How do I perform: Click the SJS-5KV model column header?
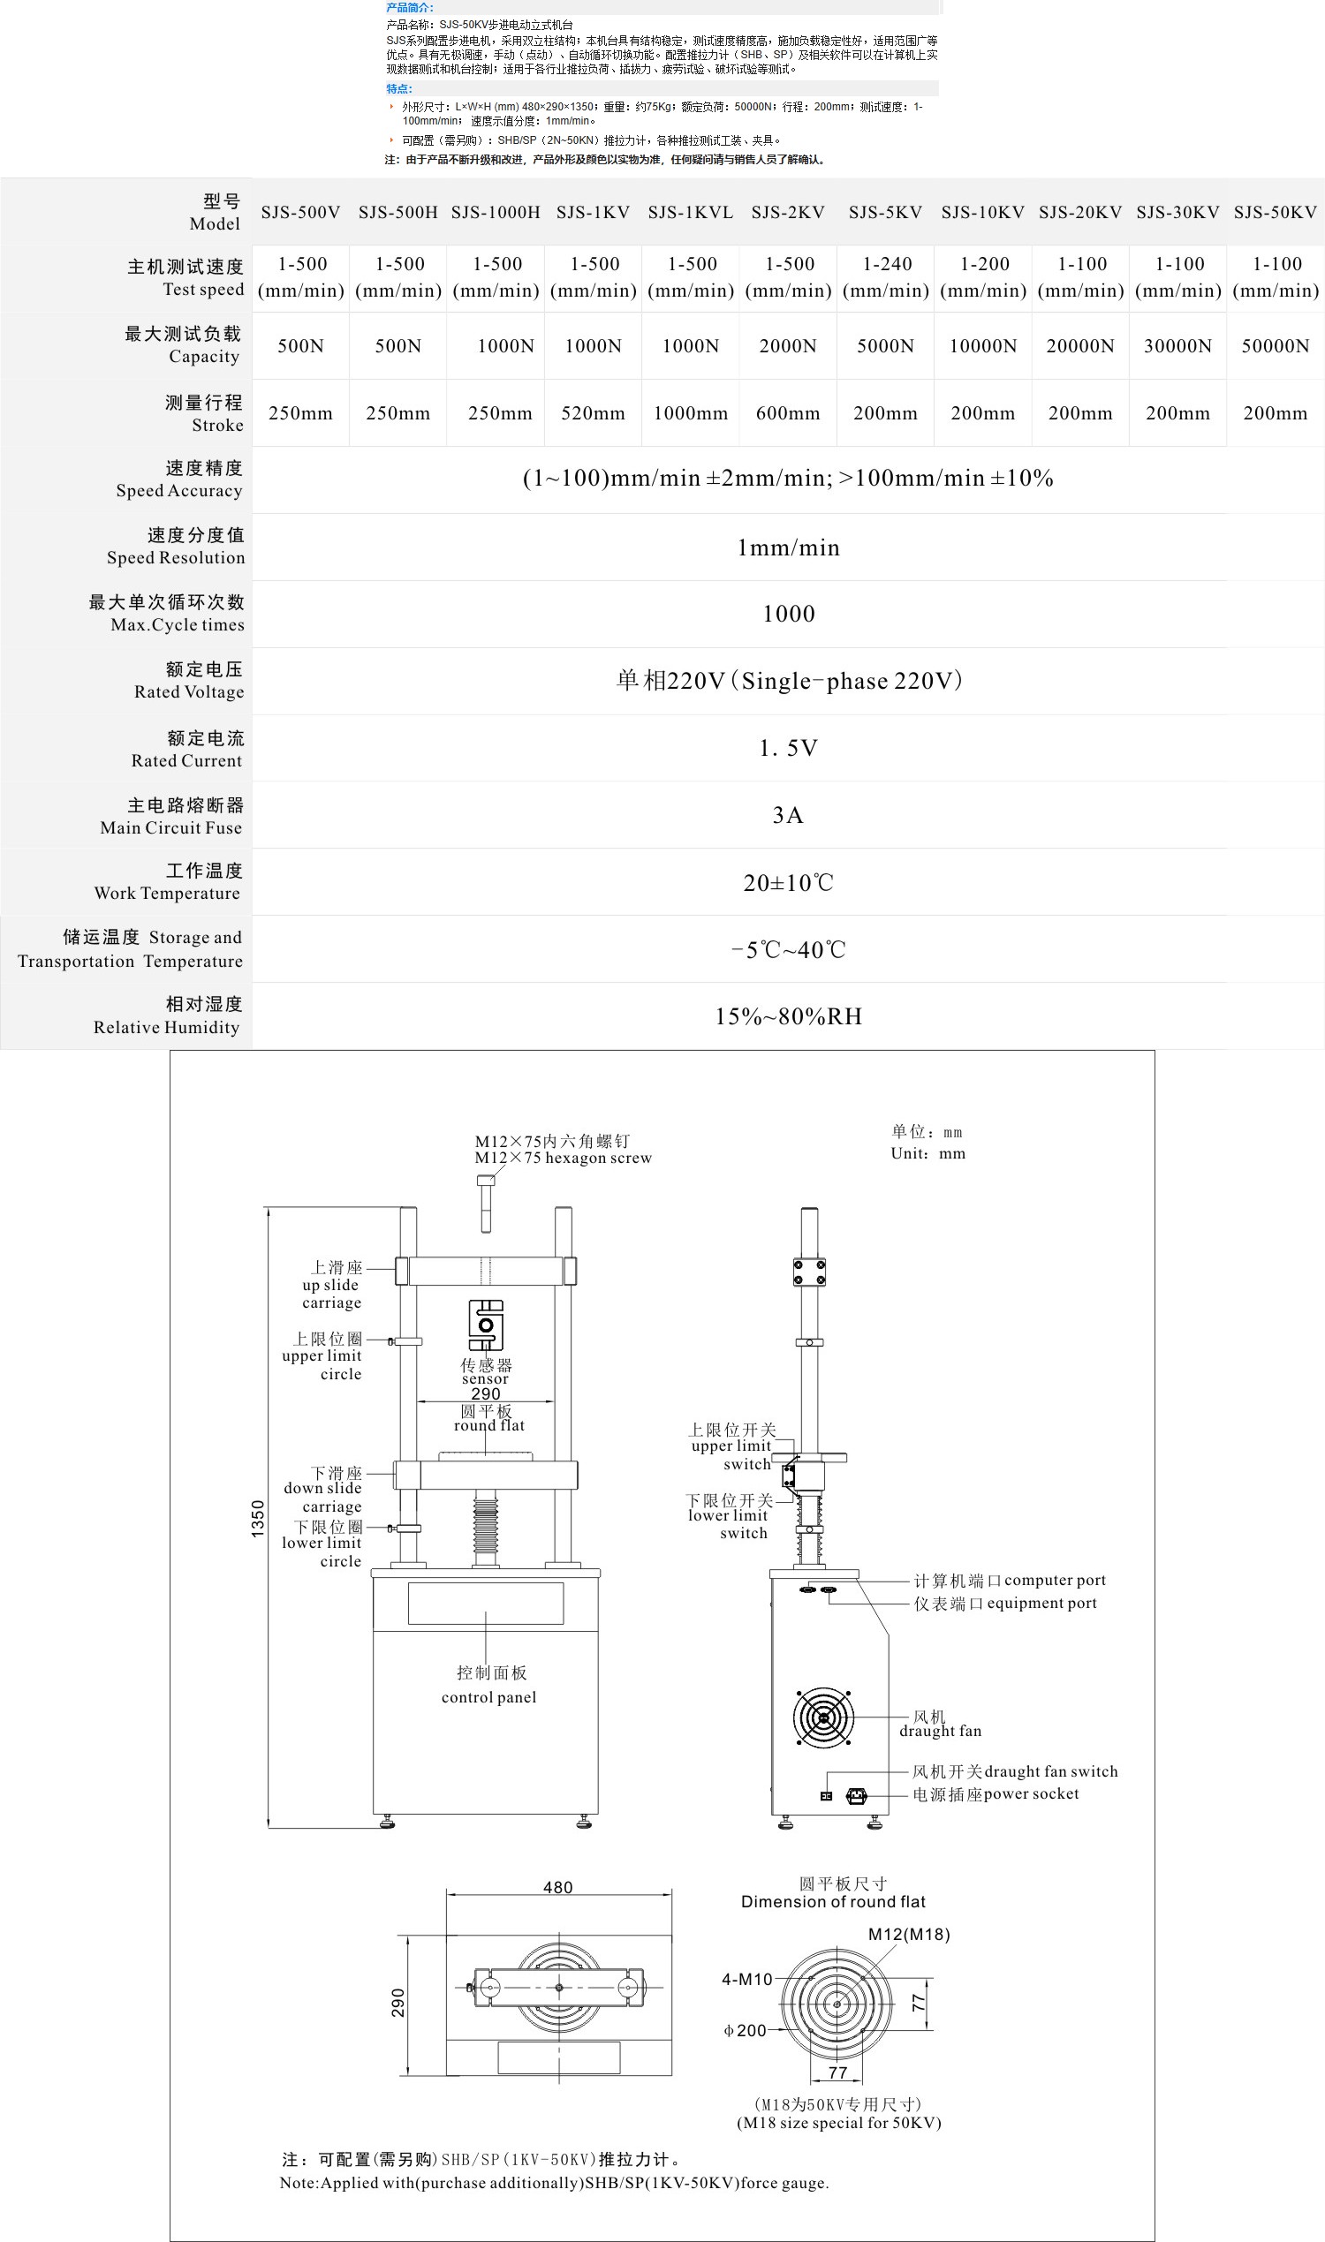coord(885,213)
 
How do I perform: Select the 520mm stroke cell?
coord(593,413)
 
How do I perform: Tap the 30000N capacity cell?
coord(1177,346)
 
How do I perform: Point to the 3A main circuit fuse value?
coord(788,815)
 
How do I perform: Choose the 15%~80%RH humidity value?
coord(788,1016)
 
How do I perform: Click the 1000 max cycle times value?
coord(788,614)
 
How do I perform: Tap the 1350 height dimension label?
coord(258,1518)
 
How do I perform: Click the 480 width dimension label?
coord(558,1888)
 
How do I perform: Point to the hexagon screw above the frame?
coord(486,1203)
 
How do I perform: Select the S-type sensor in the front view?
coord(486,1325)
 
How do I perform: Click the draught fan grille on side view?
coord(823,1717)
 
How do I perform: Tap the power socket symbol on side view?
coord(856,1797)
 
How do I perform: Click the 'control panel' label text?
coord(489,1696)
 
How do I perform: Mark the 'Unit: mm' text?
coord(927,1153)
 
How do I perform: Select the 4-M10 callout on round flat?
coord(746,1980)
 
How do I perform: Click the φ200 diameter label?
coord(745,2030)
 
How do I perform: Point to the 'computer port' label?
coord(1055,1581)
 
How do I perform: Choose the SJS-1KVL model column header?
coord(690,213)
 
